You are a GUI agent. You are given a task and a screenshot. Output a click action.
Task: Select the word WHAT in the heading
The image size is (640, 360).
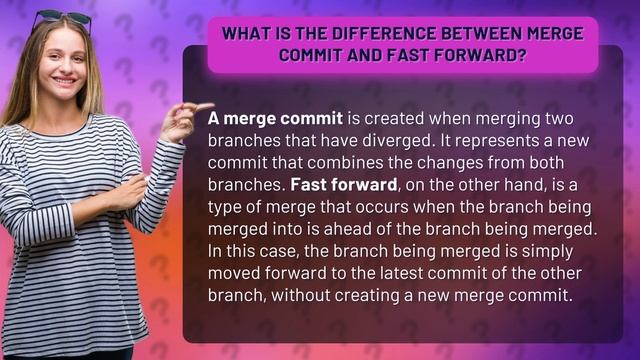(x=245, y=33)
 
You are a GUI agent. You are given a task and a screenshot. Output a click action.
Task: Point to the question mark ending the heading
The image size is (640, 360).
(x=523, y=54)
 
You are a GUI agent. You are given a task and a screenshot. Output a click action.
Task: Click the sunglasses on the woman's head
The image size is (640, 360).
(x=62, y=17)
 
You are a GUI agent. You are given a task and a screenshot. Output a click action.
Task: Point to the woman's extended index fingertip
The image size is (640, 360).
(x=209, y=105)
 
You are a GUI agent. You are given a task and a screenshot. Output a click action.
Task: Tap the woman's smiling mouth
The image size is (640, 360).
(x=62, y=83)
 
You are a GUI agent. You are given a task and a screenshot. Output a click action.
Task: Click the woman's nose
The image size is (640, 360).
(x=62, y=66)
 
